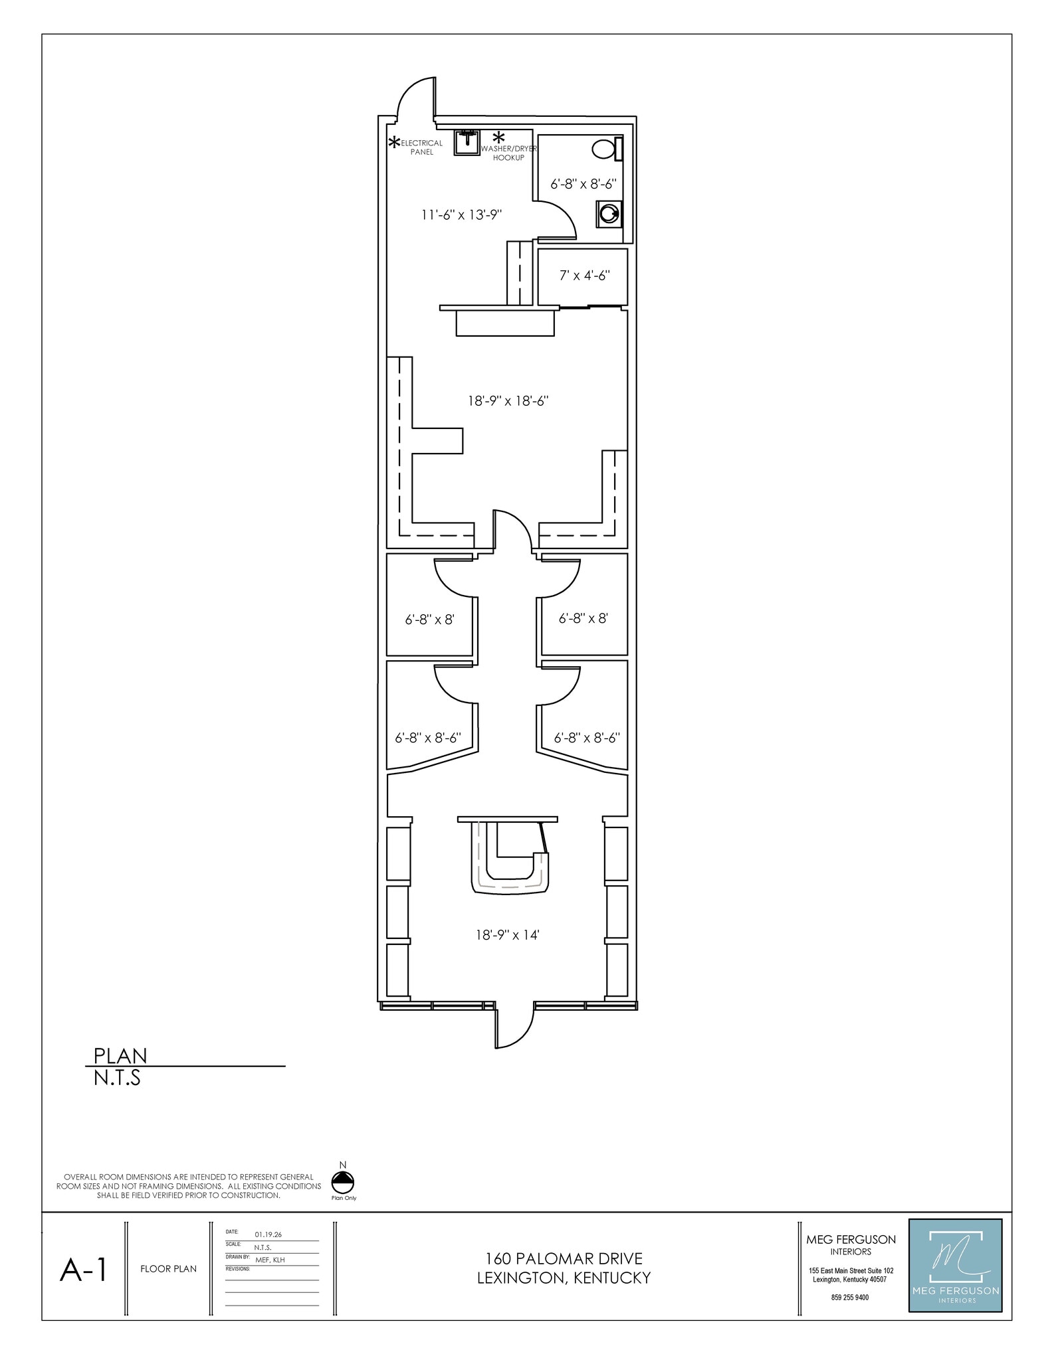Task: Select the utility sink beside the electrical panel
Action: click(467, 142)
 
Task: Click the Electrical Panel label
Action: click(421, 147)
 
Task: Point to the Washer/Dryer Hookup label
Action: click(508, 153)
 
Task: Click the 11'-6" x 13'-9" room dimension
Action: click(461, 214)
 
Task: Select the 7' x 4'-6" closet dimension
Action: click(584, 275)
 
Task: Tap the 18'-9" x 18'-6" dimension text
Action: click(508, 400)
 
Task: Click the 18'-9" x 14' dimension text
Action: click(507, 935)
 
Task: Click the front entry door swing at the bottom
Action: click(514, 1026)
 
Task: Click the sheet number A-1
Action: click(83, 1270)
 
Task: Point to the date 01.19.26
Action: click(268, 1234)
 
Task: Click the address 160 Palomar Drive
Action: click(564, 1258)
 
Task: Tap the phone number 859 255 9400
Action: click(849, 1297)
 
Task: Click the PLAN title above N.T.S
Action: click(120, 1055)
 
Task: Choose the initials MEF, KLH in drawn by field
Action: click(270, 1260)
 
